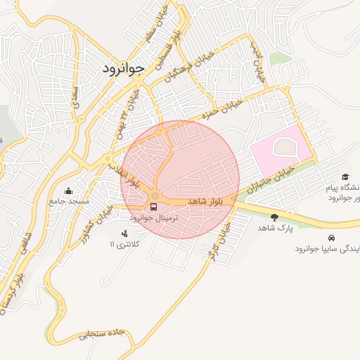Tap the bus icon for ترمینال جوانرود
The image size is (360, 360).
coord(154,207)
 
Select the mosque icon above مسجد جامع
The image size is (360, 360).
coord(68,191)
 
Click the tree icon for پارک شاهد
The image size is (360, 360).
coord(274,217)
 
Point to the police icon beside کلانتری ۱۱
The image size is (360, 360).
coord(125,233)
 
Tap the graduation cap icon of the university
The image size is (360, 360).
coord(345,176)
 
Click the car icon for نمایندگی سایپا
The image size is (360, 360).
coord(330,238)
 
